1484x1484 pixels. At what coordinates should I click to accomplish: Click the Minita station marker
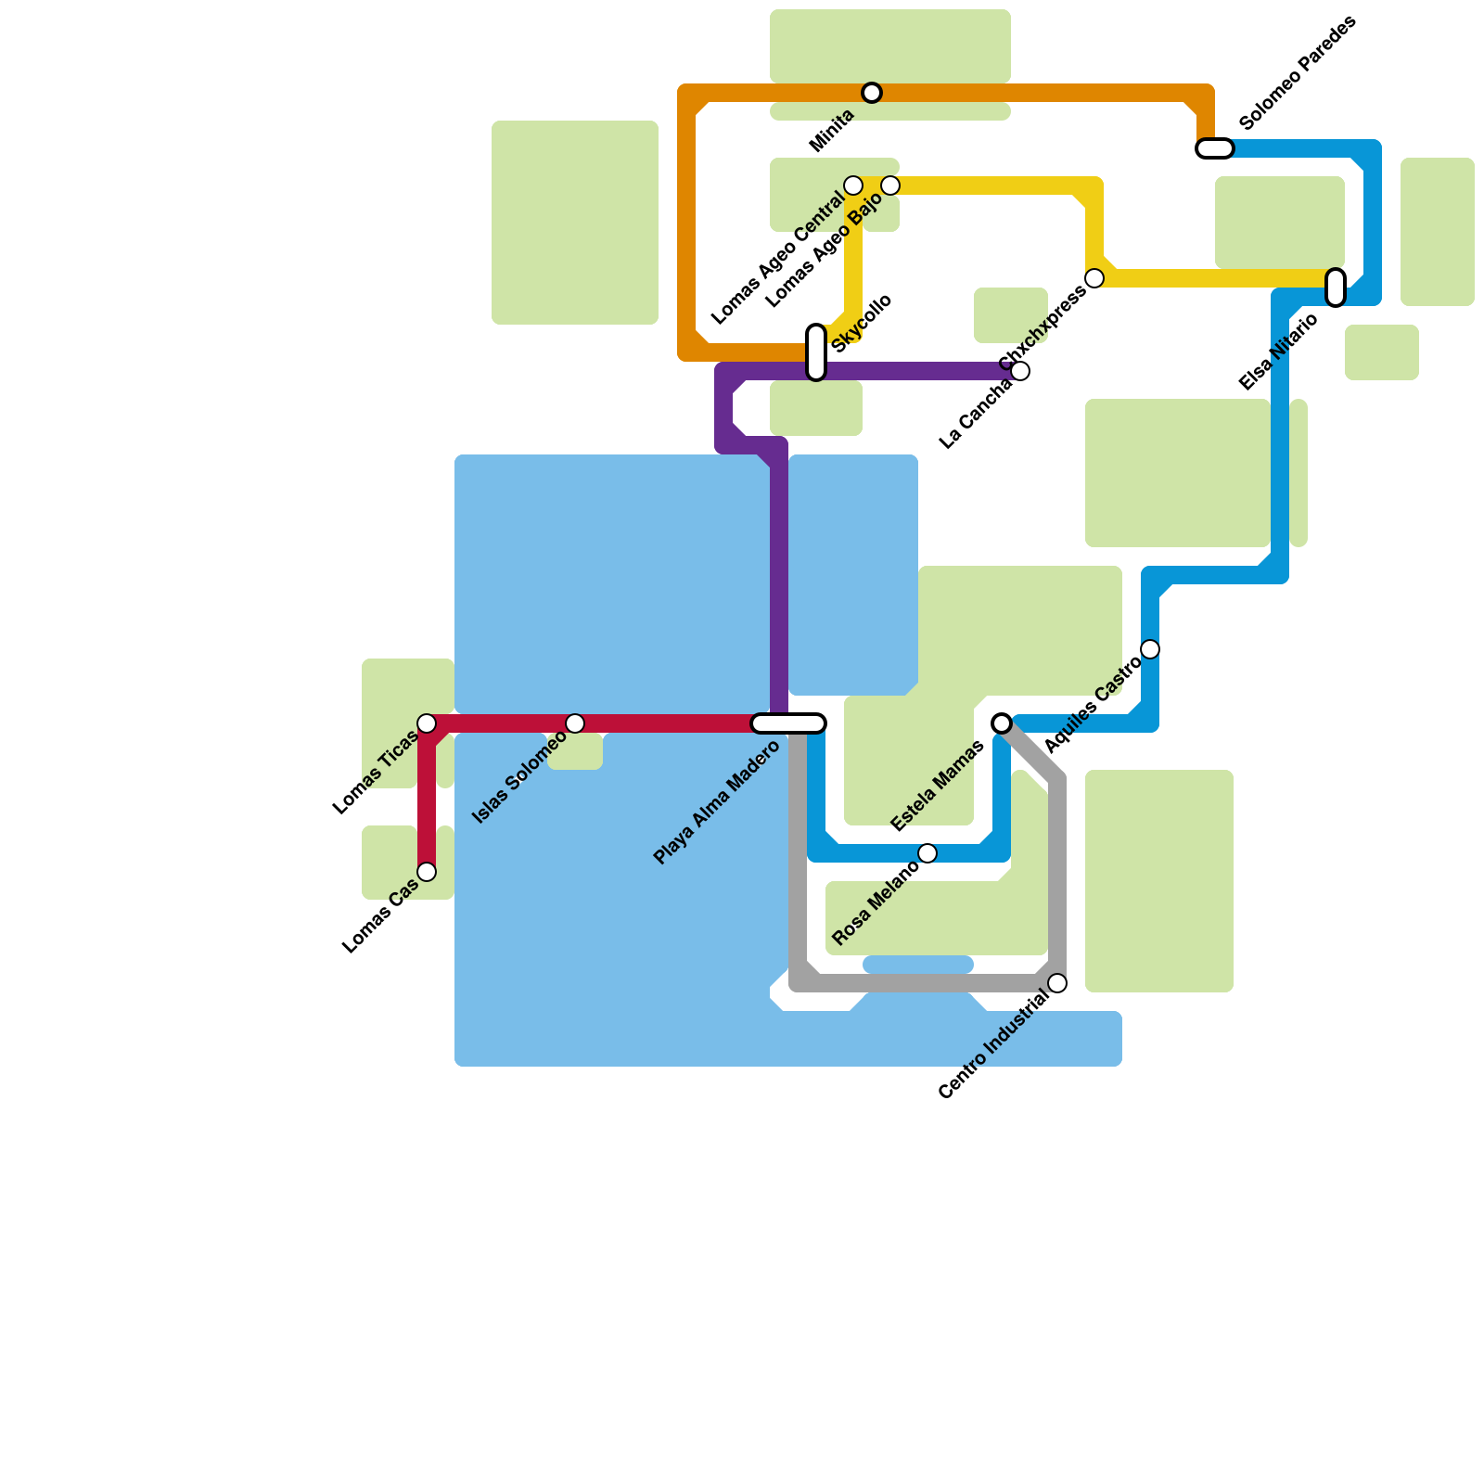coord(871,93)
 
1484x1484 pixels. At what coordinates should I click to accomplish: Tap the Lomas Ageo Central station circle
coord(853,185)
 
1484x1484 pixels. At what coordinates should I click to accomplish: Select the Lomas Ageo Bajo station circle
coord(890,185)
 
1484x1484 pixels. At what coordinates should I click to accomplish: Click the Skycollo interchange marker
coord(816,352)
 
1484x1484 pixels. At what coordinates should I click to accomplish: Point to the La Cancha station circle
coord(1020,371)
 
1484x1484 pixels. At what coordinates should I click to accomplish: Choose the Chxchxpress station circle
coord(1094,278)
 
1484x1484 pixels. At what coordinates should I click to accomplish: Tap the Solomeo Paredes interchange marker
coord(1214,148)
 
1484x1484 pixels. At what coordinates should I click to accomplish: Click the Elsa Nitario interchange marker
coord(1336,287)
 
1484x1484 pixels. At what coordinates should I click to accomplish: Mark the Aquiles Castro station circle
coord(1150,649)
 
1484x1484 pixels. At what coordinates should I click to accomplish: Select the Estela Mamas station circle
coord(1002,723)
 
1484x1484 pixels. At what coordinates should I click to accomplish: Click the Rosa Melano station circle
coord(927,853)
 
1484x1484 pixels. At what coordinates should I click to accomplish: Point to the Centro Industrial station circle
coord(1057,983)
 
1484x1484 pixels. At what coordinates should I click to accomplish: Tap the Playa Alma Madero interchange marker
coord(788,723)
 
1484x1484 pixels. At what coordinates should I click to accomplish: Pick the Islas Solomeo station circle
coord(575,723)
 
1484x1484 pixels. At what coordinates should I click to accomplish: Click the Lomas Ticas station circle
coord(427,723)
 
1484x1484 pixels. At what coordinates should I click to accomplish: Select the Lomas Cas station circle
coord(427,872)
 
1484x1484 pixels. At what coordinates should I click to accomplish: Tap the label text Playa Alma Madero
coord(717,802)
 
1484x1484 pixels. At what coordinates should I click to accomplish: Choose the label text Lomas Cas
coord(380,916)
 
